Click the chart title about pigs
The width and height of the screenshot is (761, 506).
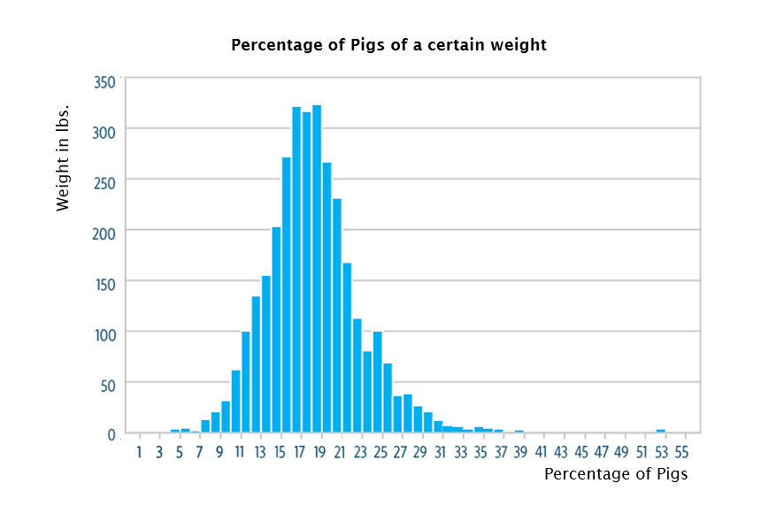[388, 45]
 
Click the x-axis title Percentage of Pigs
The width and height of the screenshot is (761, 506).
[615, 474]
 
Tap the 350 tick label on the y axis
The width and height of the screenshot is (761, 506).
[104, 82]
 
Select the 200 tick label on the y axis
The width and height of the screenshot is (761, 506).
[104, 230]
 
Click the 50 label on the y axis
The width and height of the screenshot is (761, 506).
[107, 384]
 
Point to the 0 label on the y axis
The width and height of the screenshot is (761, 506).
[112, 434]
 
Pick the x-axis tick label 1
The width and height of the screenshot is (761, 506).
[139, 453]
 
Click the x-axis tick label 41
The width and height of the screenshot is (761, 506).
[541, 453]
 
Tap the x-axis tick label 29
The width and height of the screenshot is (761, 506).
[419, 453]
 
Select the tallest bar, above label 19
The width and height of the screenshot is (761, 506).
[317, 269]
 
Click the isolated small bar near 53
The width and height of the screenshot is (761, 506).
[660, 431]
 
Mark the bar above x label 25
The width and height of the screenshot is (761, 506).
[377, 382]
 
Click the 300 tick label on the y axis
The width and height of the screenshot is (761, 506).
[104, 129]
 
